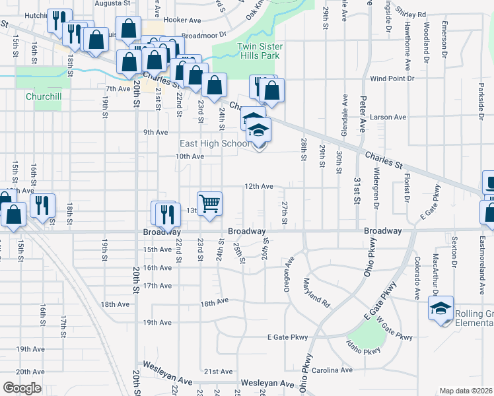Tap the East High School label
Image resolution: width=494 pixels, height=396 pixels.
tap(215, 143)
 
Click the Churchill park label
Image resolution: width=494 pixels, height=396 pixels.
tap(44, 96)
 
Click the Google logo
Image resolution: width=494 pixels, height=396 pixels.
tap(22, 388)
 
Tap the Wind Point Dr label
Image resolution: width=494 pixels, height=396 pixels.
tap(392, 79)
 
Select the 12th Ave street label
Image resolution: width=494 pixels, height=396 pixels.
tap(259, 187)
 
